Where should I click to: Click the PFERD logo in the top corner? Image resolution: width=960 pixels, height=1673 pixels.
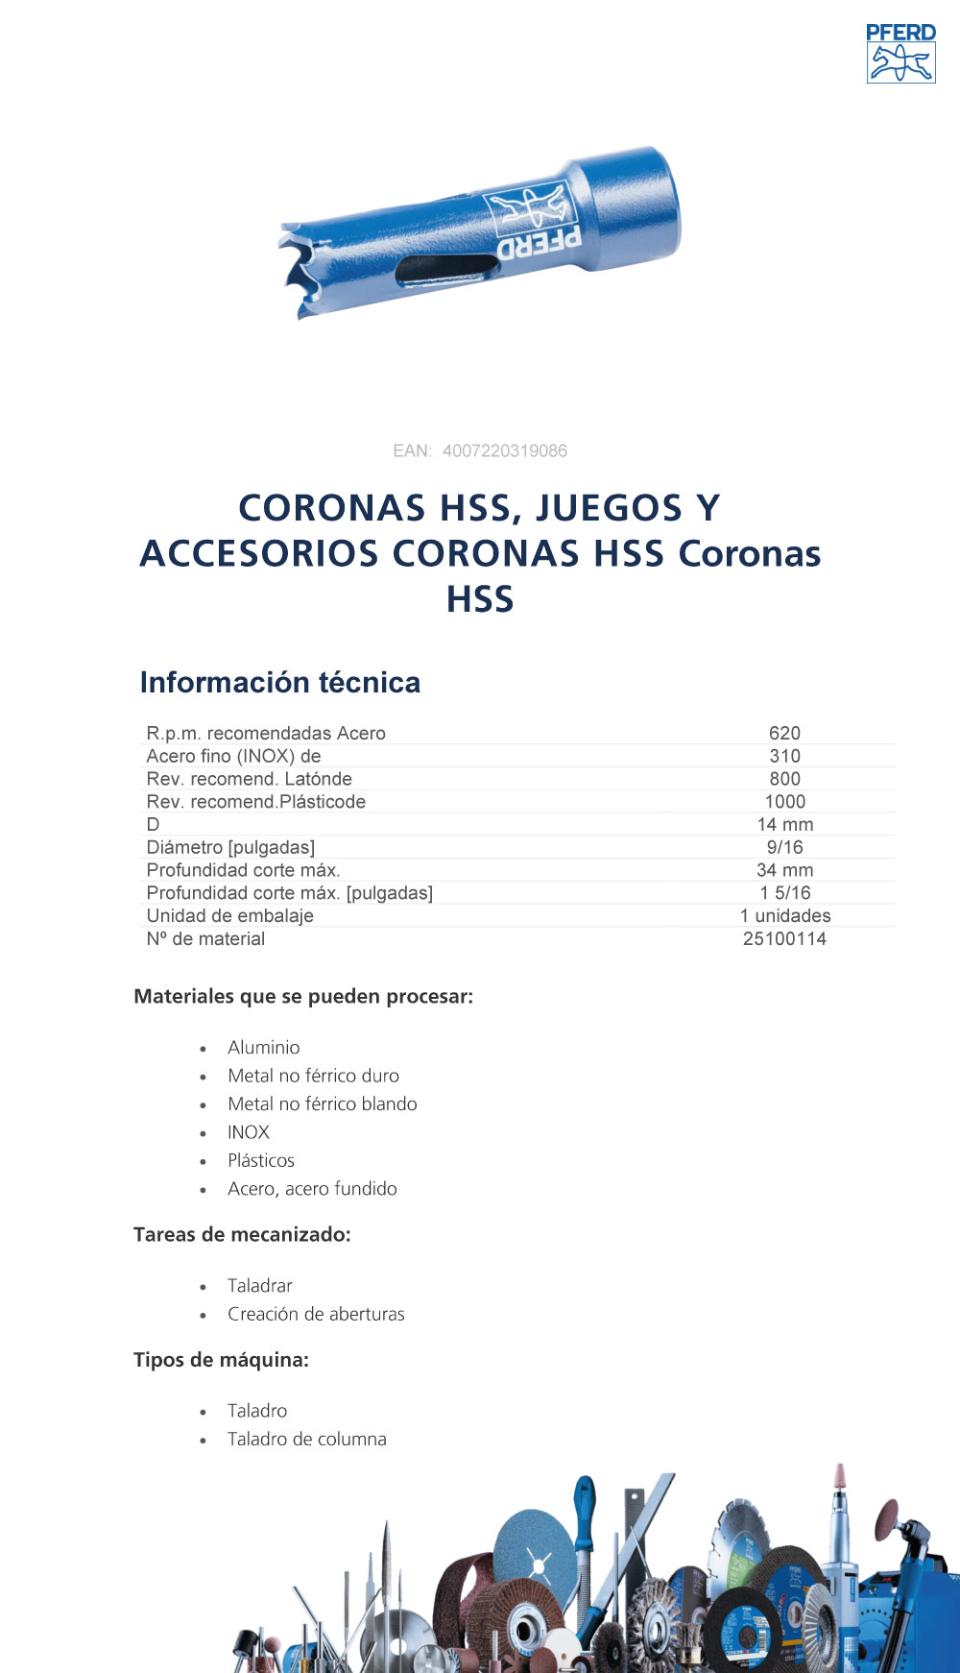point(900,54)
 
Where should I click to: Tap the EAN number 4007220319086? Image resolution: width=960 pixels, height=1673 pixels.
point(504,451)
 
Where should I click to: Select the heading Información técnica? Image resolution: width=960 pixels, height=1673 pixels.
point(280,683)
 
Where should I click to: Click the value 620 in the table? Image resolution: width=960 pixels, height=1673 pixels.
point(784,734)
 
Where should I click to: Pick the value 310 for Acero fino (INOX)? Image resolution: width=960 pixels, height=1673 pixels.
point(784,757)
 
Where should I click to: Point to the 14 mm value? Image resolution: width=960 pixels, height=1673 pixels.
point(784,825)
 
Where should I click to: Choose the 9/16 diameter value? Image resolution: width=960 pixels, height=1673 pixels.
point(784,848)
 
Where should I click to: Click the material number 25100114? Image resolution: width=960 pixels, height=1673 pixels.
point(784,939)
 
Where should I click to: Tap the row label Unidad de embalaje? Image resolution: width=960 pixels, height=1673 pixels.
point(230,916)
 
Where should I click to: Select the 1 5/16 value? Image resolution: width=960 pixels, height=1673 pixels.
point(784,893)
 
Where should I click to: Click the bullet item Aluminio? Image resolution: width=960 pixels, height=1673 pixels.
point(264,1048)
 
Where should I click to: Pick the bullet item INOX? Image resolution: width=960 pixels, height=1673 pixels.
point(249,1132)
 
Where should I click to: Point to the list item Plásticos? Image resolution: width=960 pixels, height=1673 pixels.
point(261,1161)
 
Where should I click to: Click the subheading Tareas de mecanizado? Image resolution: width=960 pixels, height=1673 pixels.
point(242,1235)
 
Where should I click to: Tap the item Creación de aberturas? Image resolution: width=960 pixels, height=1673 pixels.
point(316,1315)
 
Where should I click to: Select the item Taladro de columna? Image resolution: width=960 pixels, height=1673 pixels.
point(307,1440)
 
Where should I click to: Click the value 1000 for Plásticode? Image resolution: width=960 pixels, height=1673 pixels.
point(784,802)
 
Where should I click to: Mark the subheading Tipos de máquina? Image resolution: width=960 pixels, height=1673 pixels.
point(221,1360)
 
